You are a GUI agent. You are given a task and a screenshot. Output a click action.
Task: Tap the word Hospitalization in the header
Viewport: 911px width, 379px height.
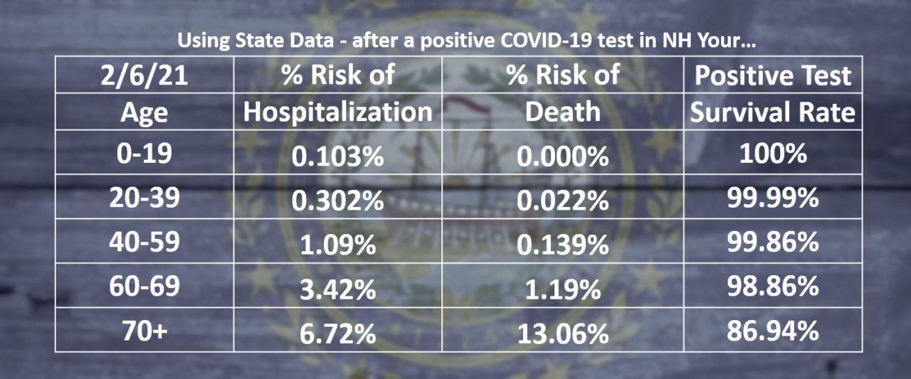click(337, 112)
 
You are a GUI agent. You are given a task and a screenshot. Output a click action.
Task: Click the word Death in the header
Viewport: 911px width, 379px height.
click(562, 112)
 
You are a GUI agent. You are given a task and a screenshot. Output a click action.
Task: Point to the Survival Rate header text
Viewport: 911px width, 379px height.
click(773, 112)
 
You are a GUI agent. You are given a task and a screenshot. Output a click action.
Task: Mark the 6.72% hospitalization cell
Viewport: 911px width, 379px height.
click(337, 333)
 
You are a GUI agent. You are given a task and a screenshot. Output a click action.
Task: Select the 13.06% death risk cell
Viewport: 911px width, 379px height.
click(562, 333)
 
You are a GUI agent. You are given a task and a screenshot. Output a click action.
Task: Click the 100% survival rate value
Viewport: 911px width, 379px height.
click(772, 154)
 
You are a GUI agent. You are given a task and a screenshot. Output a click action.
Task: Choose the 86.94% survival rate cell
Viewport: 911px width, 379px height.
click(772, 331)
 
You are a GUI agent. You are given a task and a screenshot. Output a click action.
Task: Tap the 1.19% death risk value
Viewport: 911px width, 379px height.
click(562, 289)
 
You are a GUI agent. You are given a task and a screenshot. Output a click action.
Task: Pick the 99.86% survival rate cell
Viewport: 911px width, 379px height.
click(772, 242)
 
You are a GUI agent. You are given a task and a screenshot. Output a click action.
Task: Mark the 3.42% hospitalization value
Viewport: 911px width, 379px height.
click(337, 289)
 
